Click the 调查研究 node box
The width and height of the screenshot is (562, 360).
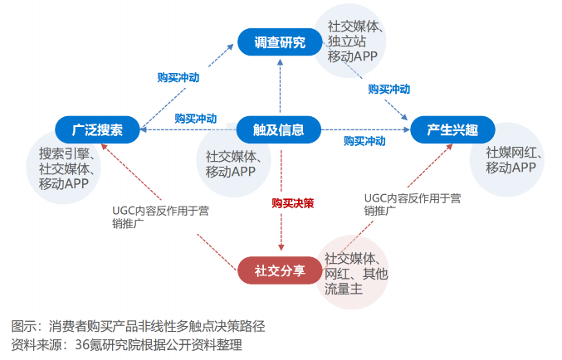tap(279, 42)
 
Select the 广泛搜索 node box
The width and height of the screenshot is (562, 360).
tap(97, 130)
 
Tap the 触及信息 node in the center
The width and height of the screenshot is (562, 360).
tap(279, 129)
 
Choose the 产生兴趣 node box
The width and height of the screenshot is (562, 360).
tap(453, 130)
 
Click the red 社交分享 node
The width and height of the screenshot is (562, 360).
tap(279, 270)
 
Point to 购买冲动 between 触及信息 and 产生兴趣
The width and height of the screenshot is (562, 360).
tap(365, 142)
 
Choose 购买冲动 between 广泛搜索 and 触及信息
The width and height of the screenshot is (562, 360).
tap(196, 118)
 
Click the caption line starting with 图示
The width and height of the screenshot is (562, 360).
tap(138, 324)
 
